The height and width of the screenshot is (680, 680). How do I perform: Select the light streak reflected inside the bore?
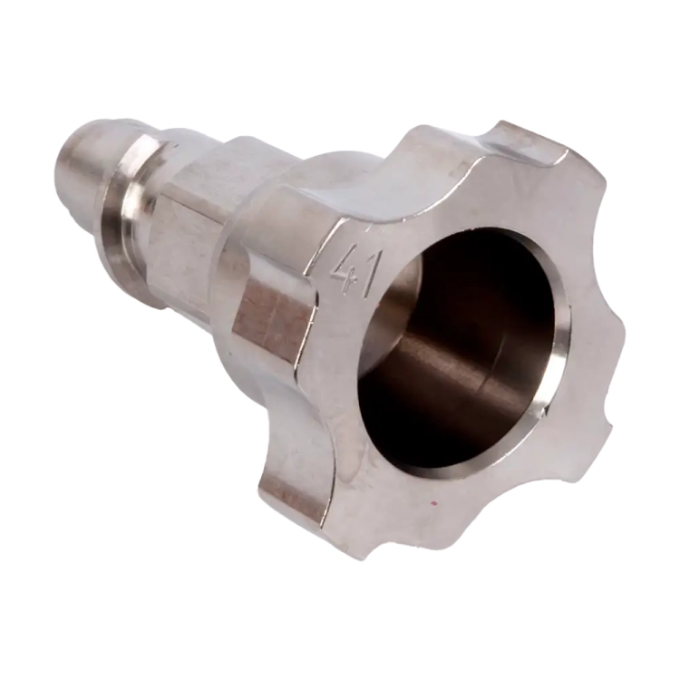click(442, 360)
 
